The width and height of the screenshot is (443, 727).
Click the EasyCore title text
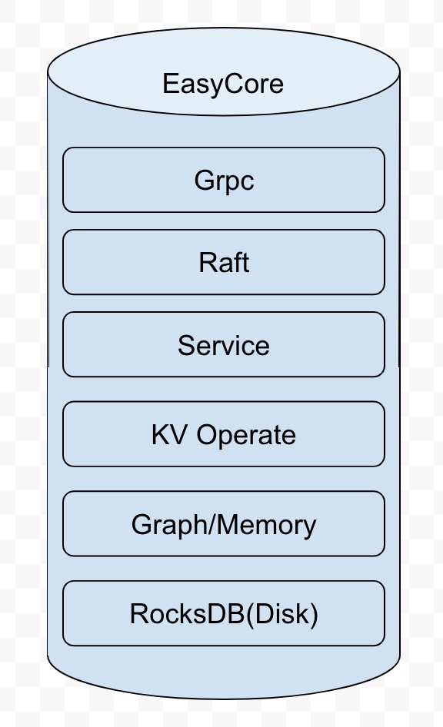coord(223,85)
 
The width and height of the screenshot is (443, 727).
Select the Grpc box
coord(224,180)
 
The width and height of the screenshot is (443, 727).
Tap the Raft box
coord(224,262)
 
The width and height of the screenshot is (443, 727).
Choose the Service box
coord(224,344)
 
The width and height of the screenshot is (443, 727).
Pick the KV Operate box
coord(224,434)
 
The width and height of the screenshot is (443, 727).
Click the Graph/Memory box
coord(224,523)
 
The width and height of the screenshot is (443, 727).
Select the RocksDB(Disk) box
coord(224,613)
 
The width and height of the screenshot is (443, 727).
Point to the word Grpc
coord(224,181)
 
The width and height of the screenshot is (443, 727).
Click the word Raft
coord(224,262)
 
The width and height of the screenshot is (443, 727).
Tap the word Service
coord(224,345)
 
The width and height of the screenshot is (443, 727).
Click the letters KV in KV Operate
coord(169,435)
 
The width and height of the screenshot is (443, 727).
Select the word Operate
coord(246,436)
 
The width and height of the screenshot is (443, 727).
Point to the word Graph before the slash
coord(170,526)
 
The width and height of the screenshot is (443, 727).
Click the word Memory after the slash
coord(266,526)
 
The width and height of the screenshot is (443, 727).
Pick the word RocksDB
coord(187,614)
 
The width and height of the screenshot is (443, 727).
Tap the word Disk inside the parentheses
coord(281,614)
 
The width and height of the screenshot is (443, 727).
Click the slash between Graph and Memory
coord(213,524)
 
